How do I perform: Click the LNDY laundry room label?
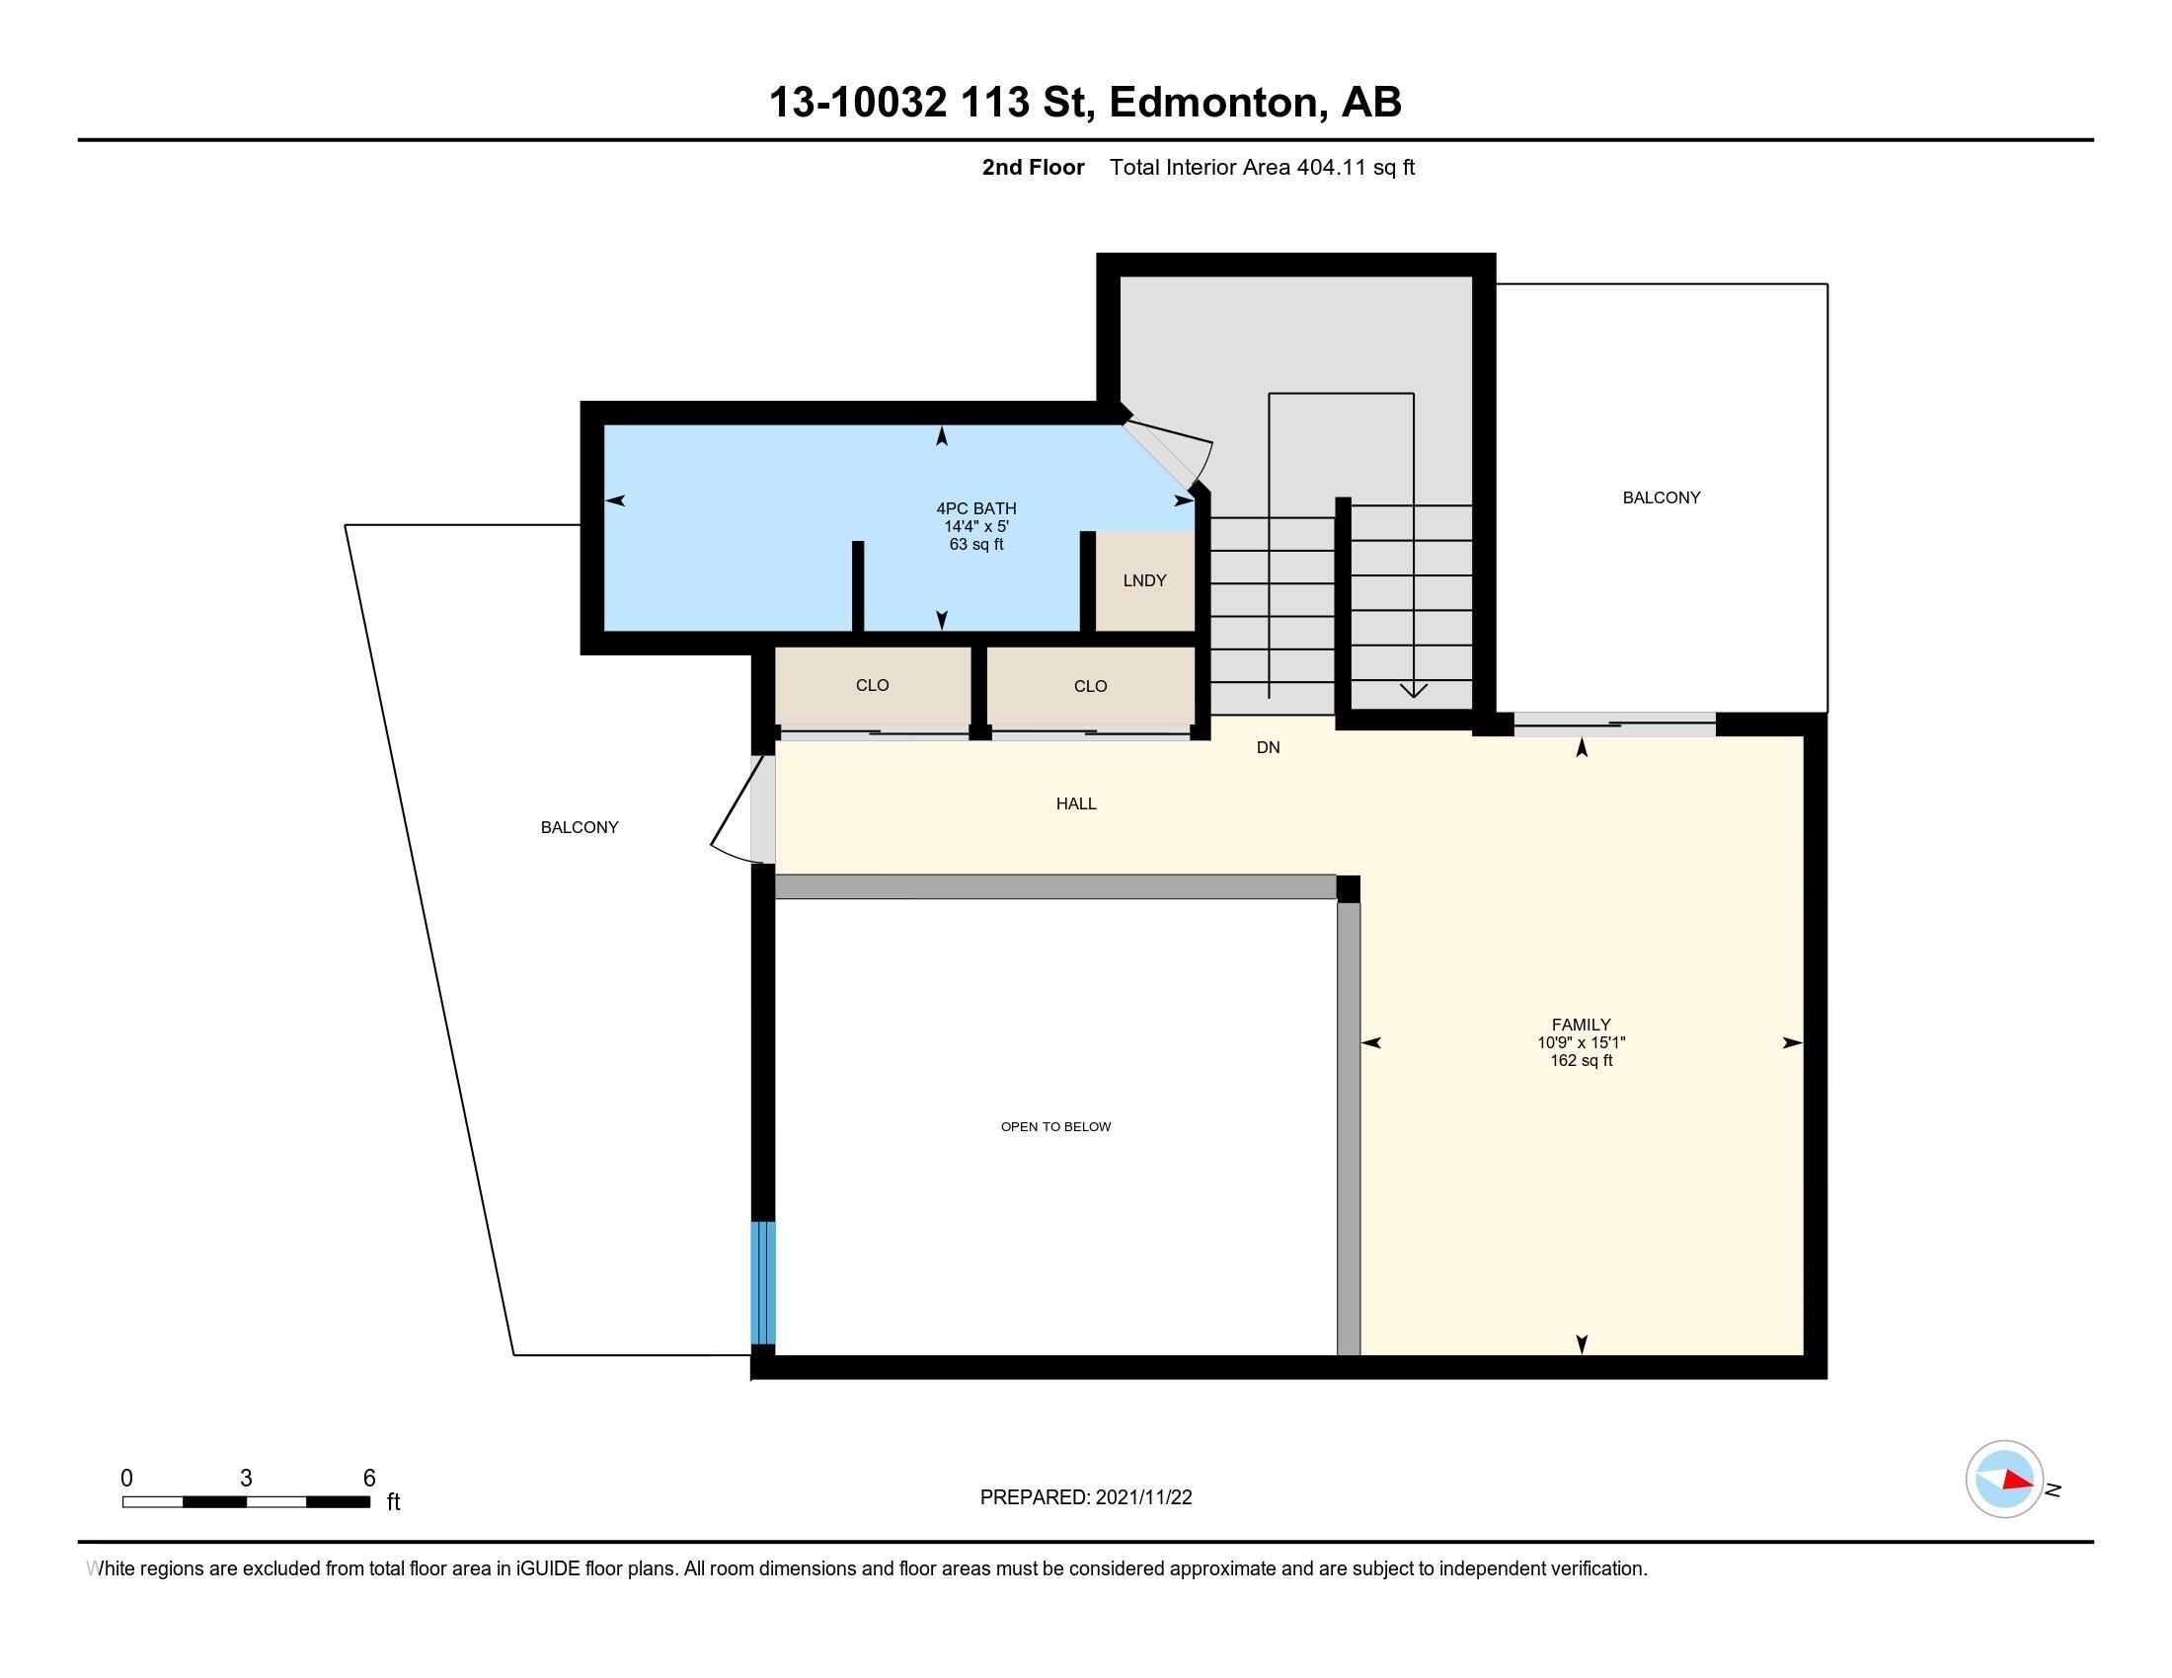point(1143,580)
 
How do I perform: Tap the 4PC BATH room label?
point(975,508)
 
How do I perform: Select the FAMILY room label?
point(1581,1024)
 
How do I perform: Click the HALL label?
point(1076,803)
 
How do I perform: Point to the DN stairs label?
point(1268,747)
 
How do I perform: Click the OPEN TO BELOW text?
point(1055,1126)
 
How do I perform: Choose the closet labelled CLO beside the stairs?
point(1090,686)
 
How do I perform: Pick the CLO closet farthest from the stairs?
point(872,685)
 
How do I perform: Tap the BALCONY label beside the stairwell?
point(1661,497)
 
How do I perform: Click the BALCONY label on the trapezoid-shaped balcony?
point(579,827)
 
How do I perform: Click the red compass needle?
point(2018,1481)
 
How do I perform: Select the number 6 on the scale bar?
point(369,1479)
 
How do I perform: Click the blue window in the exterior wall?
point(762,1282)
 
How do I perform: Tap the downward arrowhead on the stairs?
point(1413,690)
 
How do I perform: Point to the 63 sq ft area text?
point(975,545)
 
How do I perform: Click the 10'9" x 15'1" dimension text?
point(1581,1042)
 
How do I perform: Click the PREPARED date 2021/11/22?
point(1143,1497)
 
